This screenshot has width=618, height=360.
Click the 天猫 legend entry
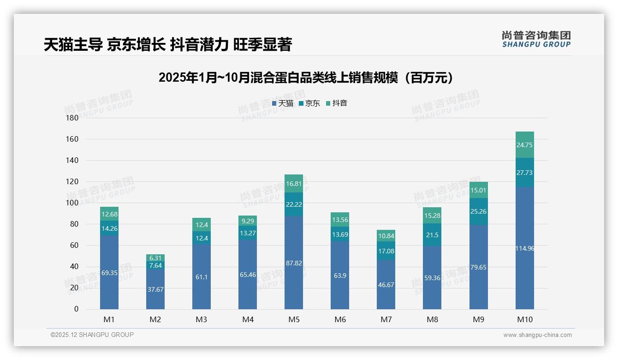tap(283, 103)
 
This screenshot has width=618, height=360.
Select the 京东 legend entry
tap(309, 103)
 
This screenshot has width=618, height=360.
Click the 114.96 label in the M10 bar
tap(524, 248)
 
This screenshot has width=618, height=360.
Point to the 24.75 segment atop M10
tap(524, 145)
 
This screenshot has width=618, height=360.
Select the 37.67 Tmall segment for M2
tap(155, 289)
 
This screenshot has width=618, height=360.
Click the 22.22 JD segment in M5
tap(294, 204)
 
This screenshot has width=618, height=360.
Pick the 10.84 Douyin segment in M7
tap(386, 236)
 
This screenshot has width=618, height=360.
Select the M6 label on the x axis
tap(340, 319)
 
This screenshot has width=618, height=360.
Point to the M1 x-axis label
tap(109, 319)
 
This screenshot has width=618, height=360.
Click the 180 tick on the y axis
tap(72, 118)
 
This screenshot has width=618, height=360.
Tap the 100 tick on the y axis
tap(72, 203)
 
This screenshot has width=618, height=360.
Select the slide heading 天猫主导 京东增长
tap(168, 44)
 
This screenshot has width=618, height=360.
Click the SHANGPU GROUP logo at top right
tap(536, 39)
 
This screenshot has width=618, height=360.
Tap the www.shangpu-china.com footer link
tap(537, 335)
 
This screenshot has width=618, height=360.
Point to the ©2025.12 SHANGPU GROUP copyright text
tap(92, 335)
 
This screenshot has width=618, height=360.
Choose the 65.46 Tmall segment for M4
tap(248, 275)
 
